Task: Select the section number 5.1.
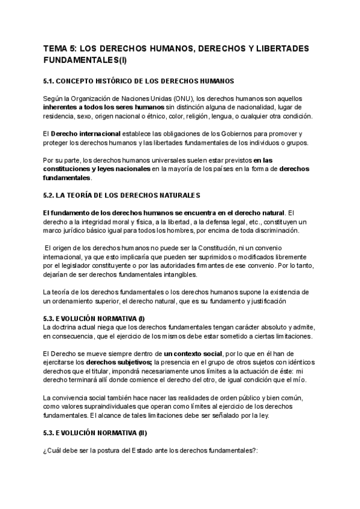(x=50, y=80)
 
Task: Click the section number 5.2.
(x=50, y=196)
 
